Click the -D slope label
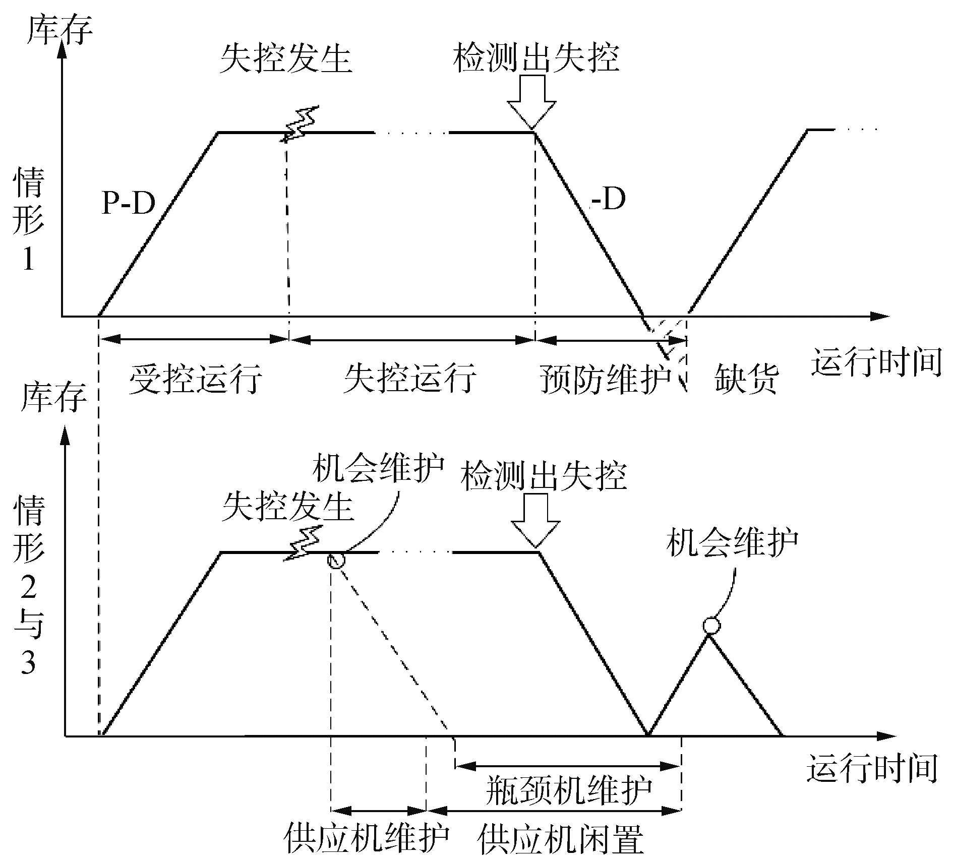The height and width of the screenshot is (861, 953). (x=608, y=200)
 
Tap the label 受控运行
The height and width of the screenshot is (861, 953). (x=196, y=378)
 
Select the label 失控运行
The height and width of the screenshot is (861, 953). (x=409, y=378)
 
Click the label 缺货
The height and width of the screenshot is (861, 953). (x=747, y=378)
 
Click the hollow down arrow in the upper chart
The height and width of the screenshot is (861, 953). (x=531, y=101)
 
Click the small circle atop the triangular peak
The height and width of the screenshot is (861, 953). (x=711, y=626)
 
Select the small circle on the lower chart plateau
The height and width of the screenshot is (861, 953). (x=336, y=560)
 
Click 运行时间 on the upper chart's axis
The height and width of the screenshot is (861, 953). (x=876, y=361)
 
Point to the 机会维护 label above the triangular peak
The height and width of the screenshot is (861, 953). (x=732, y=543)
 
